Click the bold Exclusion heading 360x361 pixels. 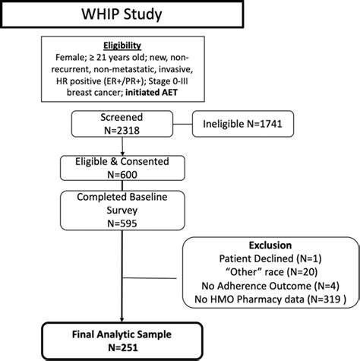pos(270,247)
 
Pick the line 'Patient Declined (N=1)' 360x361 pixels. pos(270,261)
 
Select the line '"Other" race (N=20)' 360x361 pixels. pos(270,274)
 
